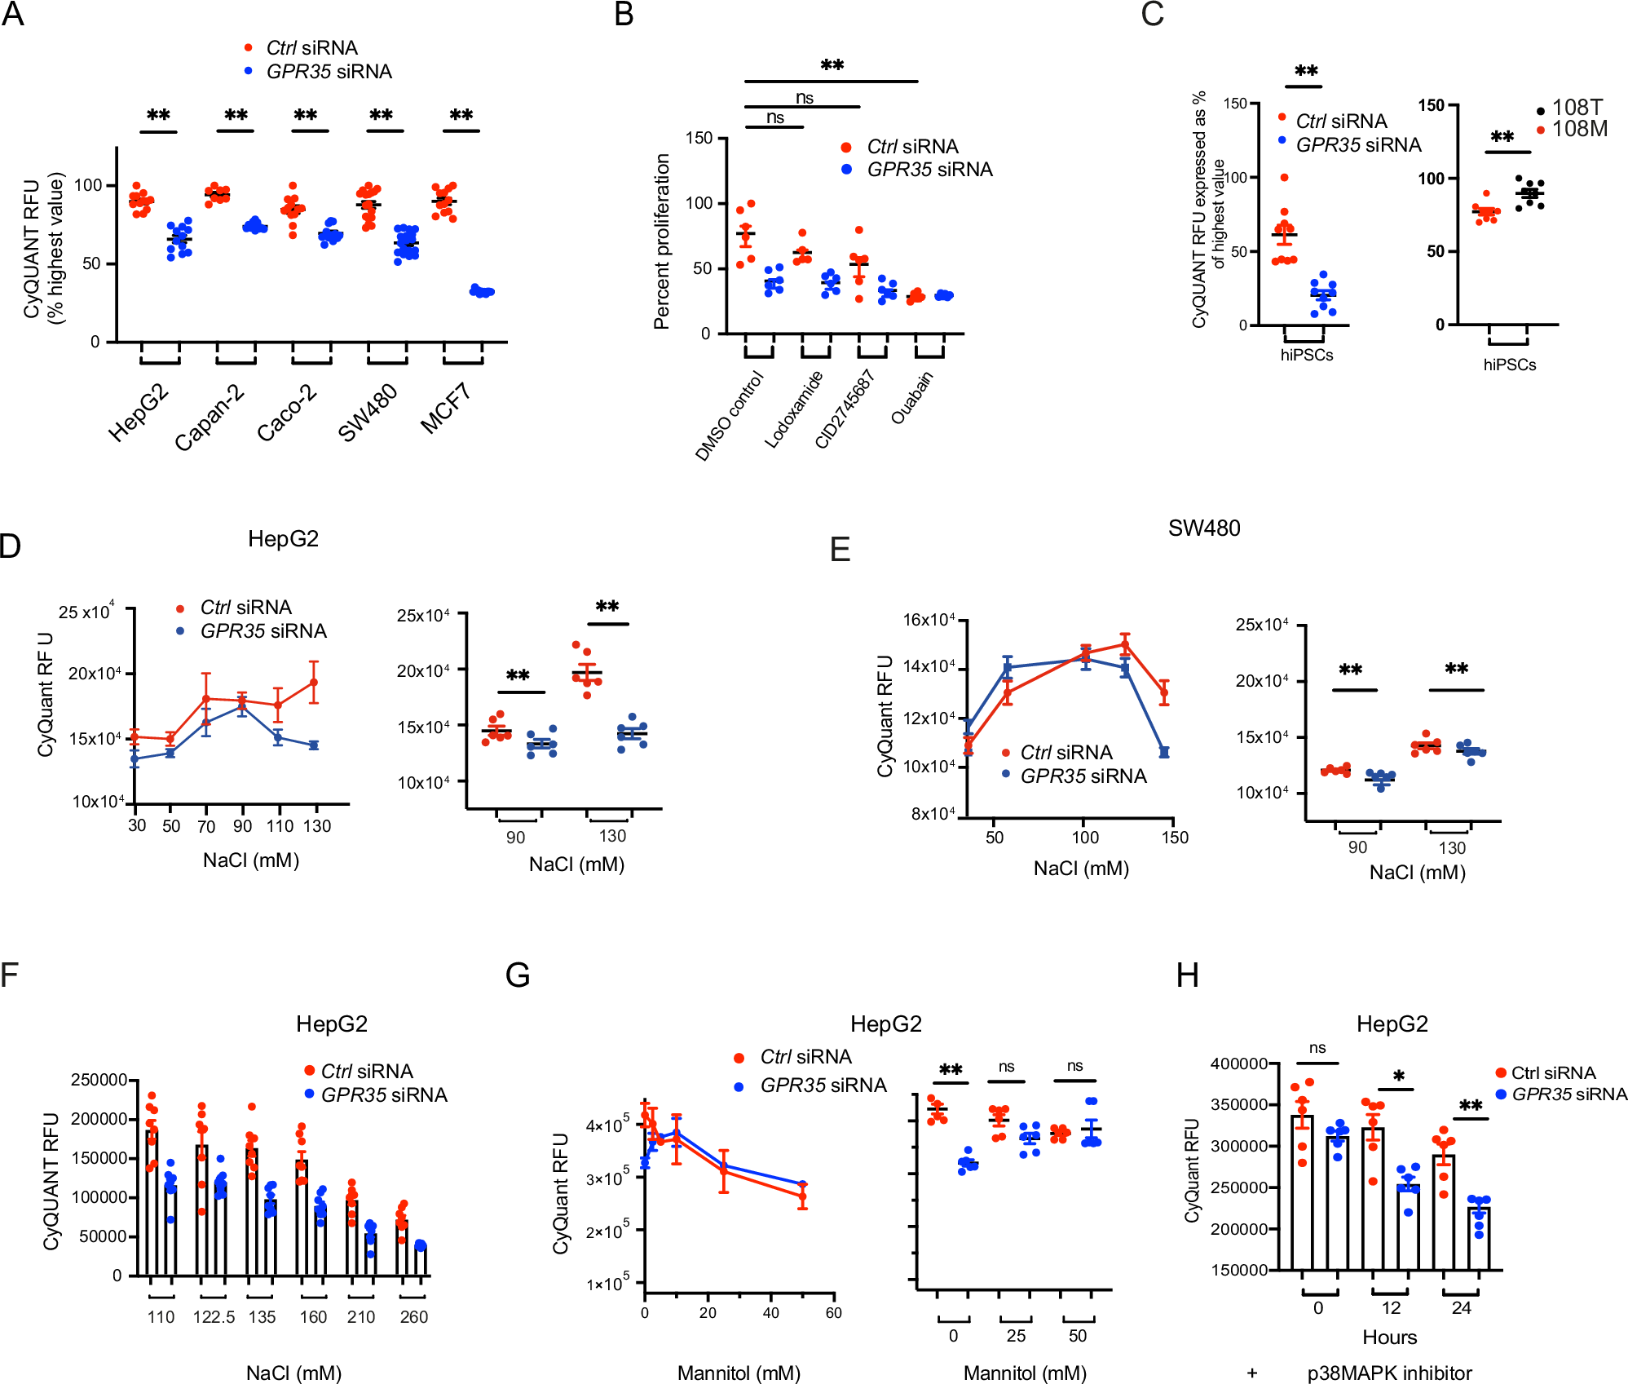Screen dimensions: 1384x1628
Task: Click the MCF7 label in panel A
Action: point(446,409)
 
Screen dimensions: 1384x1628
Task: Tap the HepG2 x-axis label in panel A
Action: point(139,413)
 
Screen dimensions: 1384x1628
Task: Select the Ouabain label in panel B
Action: point(911,397)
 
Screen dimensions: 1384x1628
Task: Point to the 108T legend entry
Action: point(1577,108)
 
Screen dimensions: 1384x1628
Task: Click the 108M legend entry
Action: point(1579,129)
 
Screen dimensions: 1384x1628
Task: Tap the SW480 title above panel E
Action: point(1203,528)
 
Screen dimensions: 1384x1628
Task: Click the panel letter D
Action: point(11,546)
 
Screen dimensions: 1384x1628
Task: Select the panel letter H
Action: point(1187,975)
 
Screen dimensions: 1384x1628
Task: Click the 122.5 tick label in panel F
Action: point(214,1317)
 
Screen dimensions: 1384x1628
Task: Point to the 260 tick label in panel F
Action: point(413,1317)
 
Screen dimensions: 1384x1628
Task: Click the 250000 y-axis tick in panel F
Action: point(99,1080)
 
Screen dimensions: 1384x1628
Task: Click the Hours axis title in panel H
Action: point(1389,1338)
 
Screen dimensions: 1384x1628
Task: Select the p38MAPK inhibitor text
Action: point(1389,1373)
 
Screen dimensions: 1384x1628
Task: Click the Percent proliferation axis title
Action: point(661,241)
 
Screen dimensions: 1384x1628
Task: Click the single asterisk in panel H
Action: point(1399,1077)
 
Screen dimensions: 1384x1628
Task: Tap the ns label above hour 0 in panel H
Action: point(1317,1049)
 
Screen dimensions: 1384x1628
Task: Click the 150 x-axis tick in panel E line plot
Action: point(1175,838)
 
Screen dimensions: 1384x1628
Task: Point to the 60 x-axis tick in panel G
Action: point(833,1313)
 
